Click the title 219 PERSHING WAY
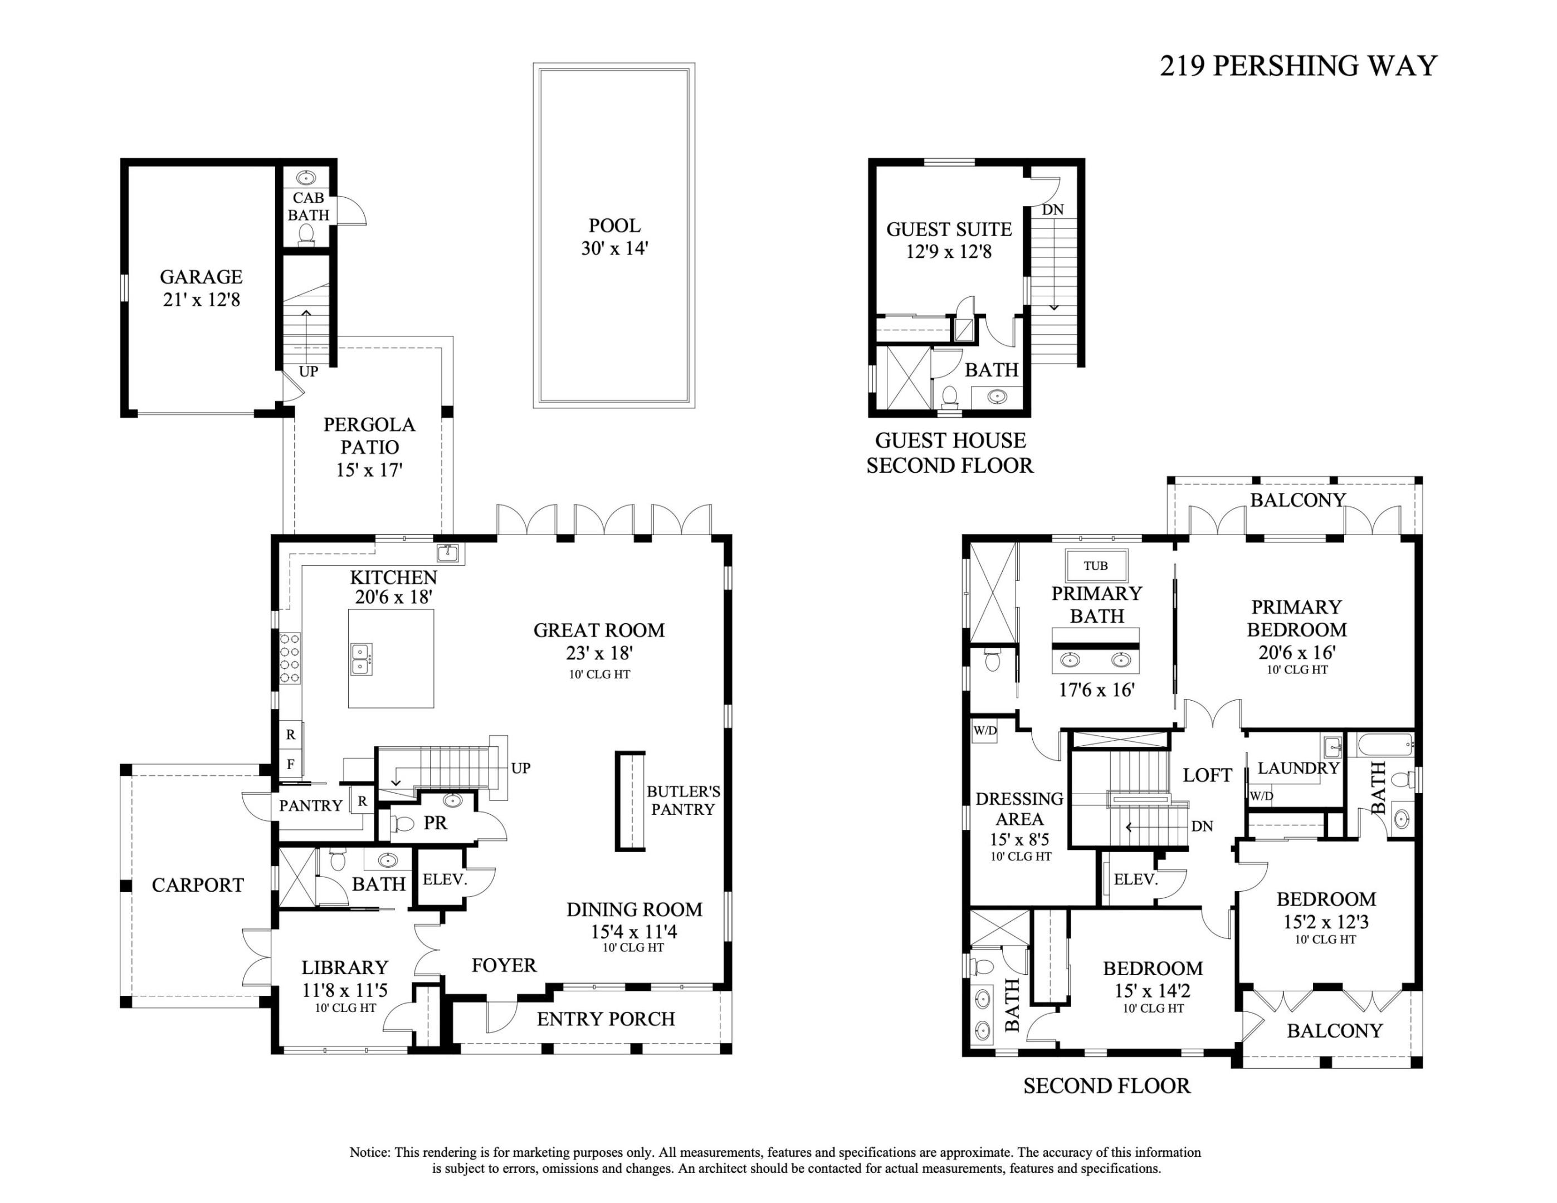pyautogui.click(x=1297, y=66)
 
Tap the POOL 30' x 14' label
pyautogui.click(x=614, y=237)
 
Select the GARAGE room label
pyautogui.click(x=201, y=287)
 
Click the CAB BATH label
pyautogui.click(x=308, y=206)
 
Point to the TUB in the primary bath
pyautogui.click(x=1096, y=566)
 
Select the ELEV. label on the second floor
pyautogui.click(x=1135, y=879)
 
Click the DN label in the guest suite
pyautogui.click(x=1052, y=209)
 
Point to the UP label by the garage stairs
pyautogui.click(x=308, y=371)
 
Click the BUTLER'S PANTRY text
pyautogui.click(x=683, y=800)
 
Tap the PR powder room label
pyautogui.click(x=435, y=823)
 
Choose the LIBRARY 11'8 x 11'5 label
pyautogui.click(x=344, y=979)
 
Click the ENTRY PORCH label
pyautogui.click(x=606, y=1019)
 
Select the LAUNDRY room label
pyautogui.click(x=1298, y=768)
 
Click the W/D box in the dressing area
pyautogui.click(x=984, y=731)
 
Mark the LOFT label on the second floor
pyautogui.click(x=1207, y=775)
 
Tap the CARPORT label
pyautogui.click(x=197, y=885)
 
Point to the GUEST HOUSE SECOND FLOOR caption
pyautogui.click(x=950, y=453)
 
